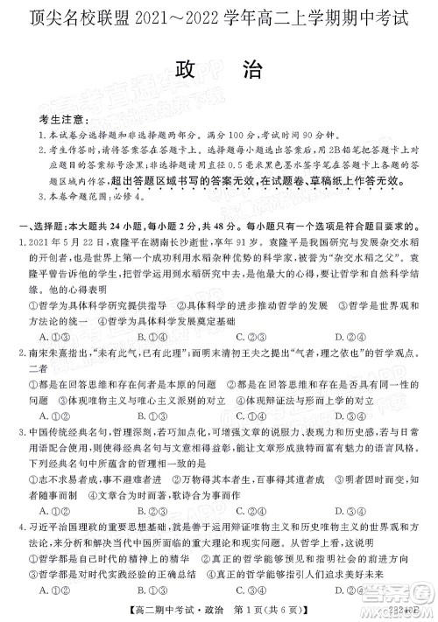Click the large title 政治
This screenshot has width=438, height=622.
pos(220,69)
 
